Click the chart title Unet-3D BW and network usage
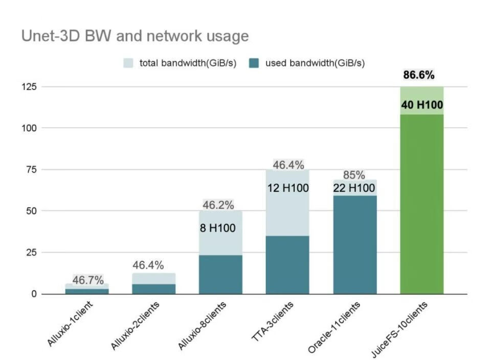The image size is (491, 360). click(135, 36)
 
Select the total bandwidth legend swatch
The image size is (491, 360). click(129, 63)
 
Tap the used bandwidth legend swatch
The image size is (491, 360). click(255, 63)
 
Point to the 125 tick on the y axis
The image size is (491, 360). click(29, 87)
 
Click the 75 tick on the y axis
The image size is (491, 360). click(32, 170)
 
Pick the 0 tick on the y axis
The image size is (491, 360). click(34, 294)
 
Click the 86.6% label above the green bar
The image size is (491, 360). click(419, 75)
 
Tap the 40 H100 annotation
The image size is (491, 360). click(422, 106)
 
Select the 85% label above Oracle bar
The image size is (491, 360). click(354, 175)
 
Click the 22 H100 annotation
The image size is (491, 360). click(354, 188)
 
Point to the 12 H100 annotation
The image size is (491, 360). click(288, 188)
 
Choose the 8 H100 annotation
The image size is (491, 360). click(218, 228)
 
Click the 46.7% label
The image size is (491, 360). click(88, 280)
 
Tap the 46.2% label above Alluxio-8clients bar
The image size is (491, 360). click(218, 206)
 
